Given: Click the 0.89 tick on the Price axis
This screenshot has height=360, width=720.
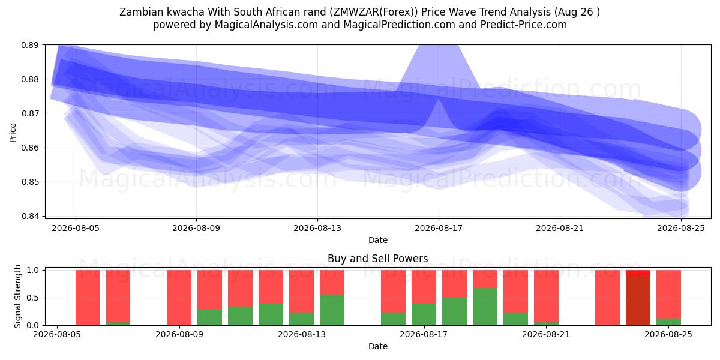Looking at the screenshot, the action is tap(29, 45).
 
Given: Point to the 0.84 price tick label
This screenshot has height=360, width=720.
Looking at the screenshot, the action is tap(29, 216).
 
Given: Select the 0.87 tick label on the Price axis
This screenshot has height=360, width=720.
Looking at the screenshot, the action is tap(29, 113).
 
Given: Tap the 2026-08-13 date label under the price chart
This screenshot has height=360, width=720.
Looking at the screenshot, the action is tap(317, 228).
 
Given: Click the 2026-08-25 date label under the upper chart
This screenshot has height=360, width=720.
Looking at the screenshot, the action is tap(681, 228).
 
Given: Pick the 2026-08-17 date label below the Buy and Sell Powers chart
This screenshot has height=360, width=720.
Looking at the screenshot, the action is tap(424, 335).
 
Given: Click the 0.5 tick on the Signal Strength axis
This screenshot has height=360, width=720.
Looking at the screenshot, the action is tap(33, 298).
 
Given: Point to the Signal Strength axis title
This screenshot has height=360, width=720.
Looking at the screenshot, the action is tap(17, 296).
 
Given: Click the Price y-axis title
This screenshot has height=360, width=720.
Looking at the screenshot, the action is tap(13, 133).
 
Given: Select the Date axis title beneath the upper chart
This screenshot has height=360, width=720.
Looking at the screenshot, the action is tap(378, 240).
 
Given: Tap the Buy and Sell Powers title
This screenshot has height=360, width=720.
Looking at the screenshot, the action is tap(377, 259).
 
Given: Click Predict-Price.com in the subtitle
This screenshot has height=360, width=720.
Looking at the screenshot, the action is tap(524, 25).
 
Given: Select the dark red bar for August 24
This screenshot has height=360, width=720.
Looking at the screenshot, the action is tap(638, 301).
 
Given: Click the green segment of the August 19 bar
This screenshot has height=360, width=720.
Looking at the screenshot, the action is tap(485, 307).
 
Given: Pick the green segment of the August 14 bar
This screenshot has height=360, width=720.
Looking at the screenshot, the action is tap(332, 310).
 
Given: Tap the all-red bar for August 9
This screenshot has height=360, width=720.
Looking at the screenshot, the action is tap(179, 298).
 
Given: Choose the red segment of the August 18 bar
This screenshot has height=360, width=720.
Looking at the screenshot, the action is tap(455, 284).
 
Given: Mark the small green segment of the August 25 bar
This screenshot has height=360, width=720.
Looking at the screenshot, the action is tap(668, 322).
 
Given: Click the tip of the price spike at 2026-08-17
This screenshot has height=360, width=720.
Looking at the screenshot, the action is tap(439, 98).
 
